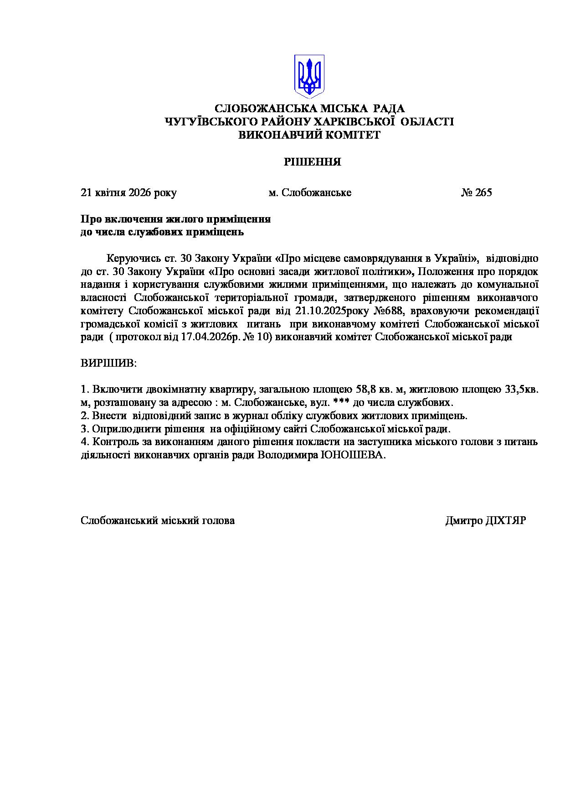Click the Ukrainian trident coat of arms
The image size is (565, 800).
309,76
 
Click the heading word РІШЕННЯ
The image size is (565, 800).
312,162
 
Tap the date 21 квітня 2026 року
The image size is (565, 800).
128,192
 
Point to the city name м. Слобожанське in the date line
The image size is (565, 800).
310,192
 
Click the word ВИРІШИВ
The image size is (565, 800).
108,364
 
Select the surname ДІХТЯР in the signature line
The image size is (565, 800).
505,520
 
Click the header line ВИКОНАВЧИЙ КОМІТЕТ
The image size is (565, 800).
309,135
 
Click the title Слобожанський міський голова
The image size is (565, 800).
158,520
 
